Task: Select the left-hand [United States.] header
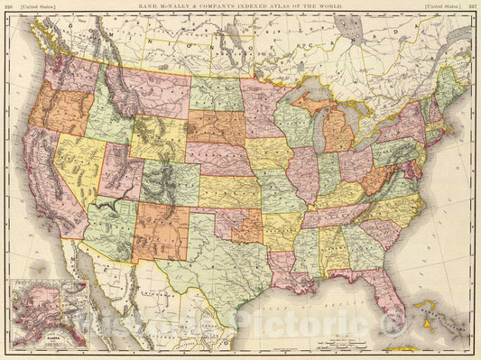pos(35,5)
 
